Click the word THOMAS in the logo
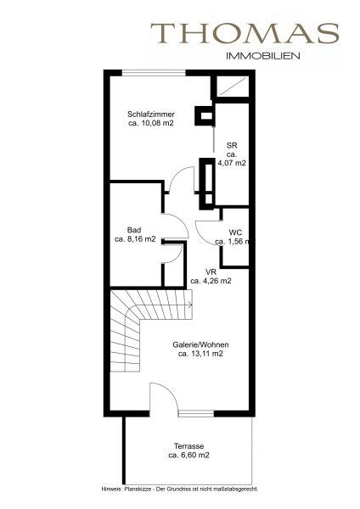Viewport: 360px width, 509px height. pos(245,33)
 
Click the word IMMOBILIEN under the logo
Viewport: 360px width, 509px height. pos(262,56)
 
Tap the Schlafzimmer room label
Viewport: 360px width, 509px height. pos(151,115)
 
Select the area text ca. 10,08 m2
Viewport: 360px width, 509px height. pos(151,123)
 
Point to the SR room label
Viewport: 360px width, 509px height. pos(232,146)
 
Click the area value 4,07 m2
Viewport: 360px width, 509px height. pos(232,163)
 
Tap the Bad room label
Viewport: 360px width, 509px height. pos(134,230)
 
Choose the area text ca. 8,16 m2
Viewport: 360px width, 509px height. pos(135,239)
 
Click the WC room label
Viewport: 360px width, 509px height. pos(235,232)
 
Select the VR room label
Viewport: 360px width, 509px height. pos(211,272)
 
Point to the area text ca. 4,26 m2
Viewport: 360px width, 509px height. pos(211,281)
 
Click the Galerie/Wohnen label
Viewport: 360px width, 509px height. pos(200,344)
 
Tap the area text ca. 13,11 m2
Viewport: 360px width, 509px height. pos(200,354)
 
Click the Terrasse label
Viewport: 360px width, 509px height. pos(188,446)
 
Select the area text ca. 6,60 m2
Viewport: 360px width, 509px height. pos(188,455)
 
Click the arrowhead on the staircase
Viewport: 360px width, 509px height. pos(190,305)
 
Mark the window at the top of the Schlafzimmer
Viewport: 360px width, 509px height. pos(154,73)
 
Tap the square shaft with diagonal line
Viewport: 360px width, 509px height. pos(233,87)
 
